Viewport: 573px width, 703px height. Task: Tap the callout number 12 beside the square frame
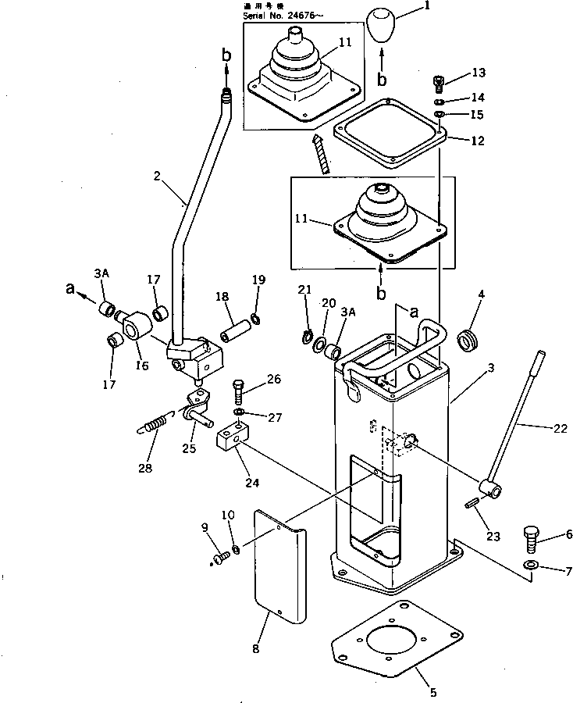pos(477,141)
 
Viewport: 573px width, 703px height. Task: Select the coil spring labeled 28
pos(155,425)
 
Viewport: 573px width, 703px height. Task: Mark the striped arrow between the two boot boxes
pos(321,153)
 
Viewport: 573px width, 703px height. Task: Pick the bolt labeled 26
pos(238,388)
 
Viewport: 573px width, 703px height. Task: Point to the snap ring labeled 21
pos(307,337)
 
